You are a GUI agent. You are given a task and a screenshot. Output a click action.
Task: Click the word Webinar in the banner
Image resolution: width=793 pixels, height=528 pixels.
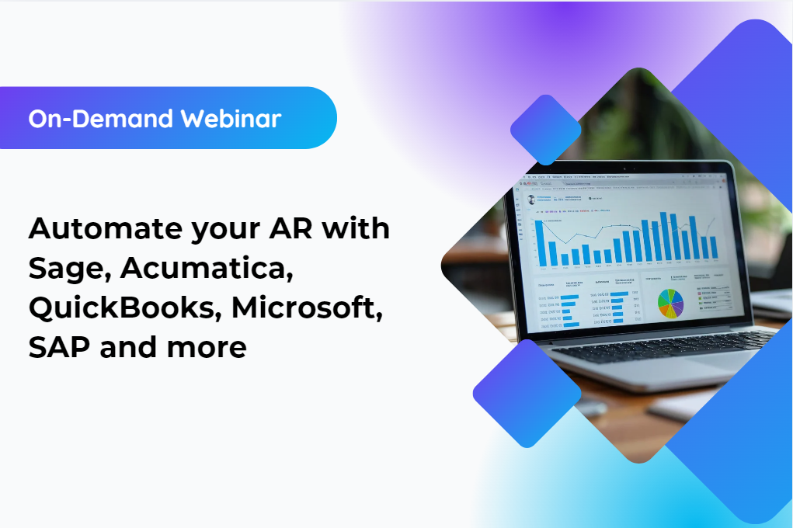231,119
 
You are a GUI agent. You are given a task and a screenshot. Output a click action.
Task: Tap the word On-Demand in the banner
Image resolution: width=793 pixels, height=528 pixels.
101,119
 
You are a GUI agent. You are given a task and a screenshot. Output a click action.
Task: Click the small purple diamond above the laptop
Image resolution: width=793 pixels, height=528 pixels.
546,130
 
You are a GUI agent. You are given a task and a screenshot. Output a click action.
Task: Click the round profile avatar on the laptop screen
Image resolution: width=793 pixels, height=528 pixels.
532,199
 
